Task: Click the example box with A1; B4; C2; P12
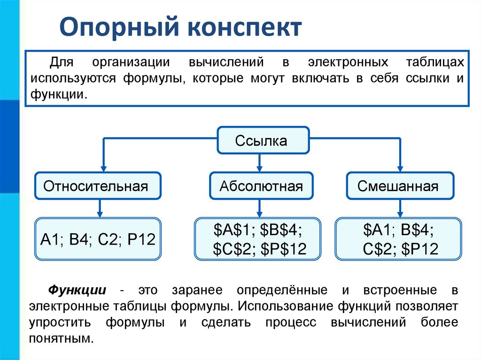tap(98, 239)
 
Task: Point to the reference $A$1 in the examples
tap(231, 230)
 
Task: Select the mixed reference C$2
tap(378, 249)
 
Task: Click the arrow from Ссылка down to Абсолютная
tap(259, 162)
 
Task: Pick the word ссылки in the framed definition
tap(423, 78)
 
